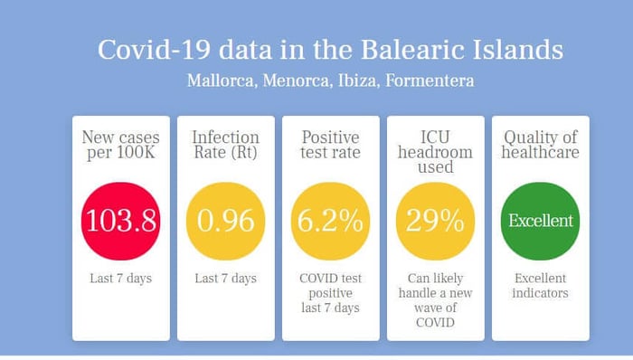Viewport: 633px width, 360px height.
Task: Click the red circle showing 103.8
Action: pyautogui.click(x=120, y=221)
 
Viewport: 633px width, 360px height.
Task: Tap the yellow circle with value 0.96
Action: pyautogui.click(x=226, y=221)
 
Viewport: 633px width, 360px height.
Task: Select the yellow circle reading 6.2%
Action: pyautogui.click(x=331, y=221)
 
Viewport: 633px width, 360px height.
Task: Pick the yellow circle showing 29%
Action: pyautogui.click(x=436, y=221)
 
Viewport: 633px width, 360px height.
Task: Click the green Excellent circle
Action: pyautogui.click(x=540, y=221)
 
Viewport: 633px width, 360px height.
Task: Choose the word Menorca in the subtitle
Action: pyautogui.click(x=297, y=81)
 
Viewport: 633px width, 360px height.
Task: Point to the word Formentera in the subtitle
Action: pyautogui.click(x=430, y=81)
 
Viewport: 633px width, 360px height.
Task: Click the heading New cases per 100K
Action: pyautogui.click(x=120, y=145)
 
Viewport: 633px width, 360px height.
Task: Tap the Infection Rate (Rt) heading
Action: pyautogui.click(x=226, y=145)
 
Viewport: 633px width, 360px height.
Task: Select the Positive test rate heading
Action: pyautogui.click(x=331, y=145)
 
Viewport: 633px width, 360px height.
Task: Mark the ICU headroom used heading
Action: pyautogui.click(x=436, y=152)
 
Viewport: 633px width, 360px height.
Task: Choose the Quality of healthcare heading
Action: pyautogui.click(x=540, y=145)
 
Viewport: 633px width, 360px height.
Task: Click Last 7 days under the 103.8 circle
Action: pyautogui.click(x=120, y=278)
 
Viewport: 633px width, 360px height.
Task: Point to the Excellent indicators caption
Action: pyautogui.click(x=540, y=285)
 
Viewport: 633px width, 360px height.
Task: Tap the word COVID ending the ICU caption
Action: pyautogui.click(x=436, y=323)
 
